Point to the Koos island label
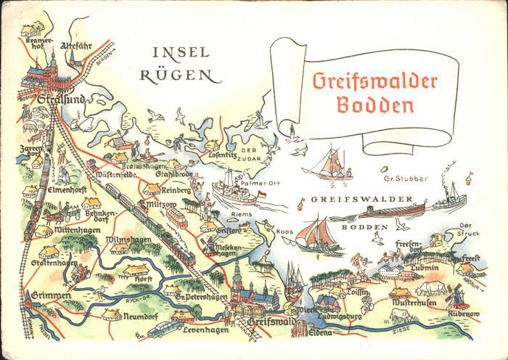pos(284,232)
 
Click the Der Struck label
pos(470,229)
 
